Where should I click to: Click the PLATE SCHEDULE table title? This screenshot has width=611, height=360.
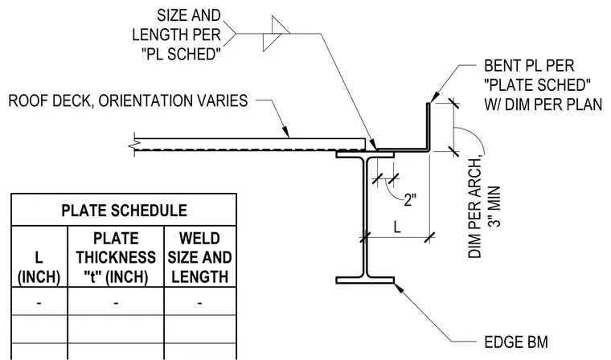pos(124,211)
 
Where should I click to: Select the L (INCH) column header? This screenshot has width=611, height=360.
pos(39,268)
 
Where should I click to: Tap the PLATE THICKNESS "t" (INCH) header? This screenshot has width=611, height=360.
pos(116,257)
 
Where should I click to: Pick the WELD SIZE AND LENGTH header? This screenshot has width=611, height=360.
pos(199,257)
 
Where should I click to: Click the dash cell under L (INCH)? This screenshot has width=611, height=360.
pos(39,303)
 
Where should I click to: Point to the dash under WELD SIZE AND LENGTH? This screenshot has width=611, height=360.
pos(199,303)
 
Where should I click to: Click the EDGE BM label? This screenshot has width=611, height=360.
pos(516,342)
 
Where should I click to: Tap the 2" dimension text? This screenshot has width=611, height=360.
pos(410,200)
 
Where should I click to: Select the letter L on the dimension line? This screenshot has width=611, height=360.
pos(397,227)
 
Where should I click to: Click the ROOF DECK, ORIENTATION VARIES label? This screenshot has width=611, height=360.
pos(128,100)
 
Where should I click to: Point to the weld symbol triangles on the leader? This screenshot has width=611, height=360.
pos(276,34)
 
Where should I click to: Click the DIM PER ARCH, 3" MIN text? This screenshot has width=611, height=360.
pos(484,207)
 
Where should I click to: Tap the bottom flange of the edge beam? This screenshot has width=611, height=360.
pos(365,280)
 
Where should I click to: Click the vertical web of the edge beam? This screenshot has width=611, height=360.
pos(365,217)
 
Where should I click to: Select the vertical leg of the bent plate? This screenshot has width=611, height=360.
pos(429,125)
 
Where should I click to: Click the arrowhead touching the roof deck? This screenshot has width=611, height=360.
pos(285,131)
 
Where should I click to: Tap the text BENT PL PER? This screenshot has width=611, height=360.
pos(529,65)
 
